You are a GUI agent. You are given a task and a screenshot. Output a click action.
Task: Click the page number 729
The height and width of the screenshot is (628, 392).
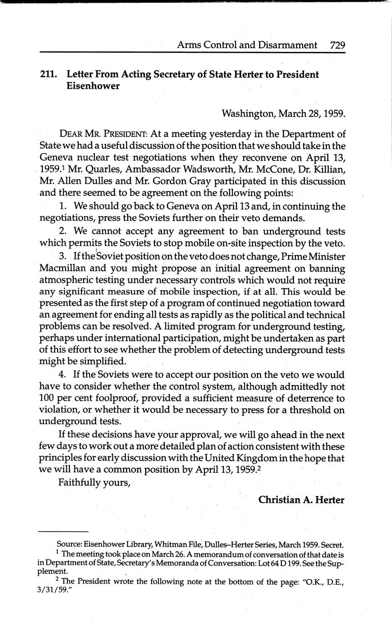(x=337, y=45)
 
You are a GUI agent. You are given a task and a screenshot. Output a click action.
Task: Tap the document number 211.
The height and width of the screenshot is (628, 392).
(x=49, y=75)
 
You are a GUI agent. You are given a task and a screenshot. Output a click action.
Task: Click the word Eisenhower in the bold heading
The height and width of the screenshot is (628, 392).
(x=93, y=86)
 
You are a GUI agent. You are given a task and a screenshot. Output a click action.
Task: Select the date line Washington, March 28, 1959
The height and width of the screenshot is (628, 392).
(x=283, y=113)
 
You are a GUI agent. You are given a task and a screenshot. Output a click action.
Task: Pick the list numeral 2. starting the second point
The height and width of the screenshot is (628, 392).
(x=64, y=231)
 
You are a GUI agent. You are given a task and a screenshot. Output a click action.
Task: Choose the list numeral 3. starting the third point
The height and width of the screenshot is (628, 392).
(x=64, y=256)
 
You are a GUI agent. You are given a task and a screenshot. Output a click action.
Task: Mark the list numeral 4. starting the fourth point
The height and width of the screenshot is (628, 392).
(x=64, y=375)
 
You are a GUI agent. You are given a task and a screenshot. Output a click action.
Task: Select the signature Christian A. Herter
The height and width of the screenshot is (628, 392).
(x=301, y=500)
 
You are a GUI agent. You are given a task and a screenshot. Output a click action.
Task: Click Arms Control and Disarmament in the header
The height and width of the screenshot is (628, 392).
(x=247, y=45)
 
